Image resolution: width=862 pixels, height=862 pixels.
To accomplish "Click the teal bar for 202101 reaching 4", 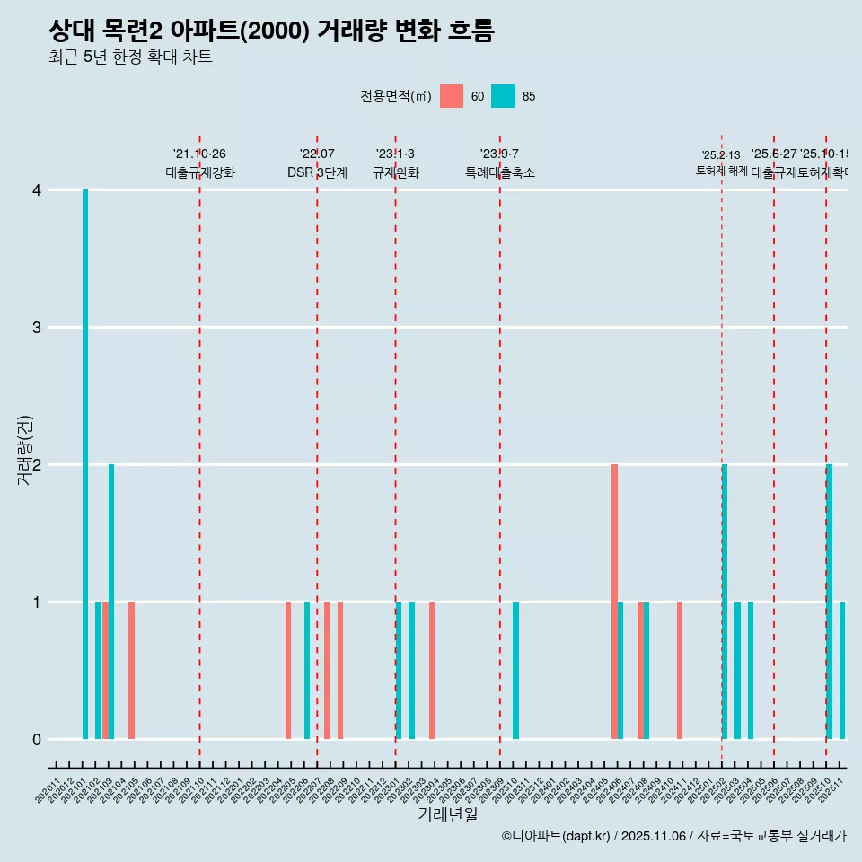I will point(85,464).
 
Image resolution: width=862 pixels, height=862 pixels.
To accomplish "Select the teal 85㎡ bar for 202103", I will point(111,602).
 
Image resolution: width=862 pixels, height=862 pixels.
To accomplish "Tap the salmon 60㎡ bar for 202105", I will point(131,670).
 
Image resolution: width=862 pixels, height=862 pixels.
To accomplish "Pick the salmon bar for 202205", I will point(288,670).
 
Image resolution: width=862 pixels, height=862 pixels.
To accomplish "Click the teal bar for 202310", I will point(516,670).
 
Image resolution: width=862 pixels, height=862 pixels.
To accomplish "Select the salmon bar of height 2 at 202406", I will point(614,602).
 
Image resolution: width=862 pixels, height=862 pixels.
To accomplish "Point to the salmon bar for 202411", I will point(680,670).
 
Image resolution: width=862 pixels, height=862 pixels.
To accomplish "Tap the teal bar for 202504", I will point(751,670).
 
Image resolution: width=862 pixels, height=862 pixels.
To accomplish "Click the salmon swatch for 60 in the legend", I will point(452,96).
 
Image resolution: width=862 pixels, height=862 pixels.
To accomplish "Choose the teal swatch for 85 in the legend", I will point(504,96).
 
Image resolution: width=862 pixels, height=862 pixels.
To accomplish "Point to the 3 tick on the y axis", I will point(37,328).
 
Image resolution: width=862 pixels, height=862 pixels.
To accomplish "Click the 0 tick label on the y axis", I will point(37,740).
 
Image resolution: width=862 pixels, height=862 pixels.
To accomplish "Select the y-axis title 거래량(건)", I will point(25,450).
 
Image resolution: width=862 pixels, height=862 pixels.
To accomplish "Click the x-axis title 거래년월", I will point(447,814).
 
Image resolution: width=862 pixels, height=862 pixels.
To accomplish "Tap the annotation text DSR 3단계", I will point(317,172).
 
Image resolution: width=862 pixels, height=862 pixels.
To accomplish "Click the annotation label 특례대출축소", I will point(500,172).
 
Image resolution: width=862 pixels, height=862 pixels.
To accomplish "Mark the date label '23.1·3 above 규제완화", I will point(395,154).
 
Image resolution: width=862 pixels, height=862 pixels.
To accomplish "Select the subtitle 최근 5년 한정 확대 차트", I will point(130,57).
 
